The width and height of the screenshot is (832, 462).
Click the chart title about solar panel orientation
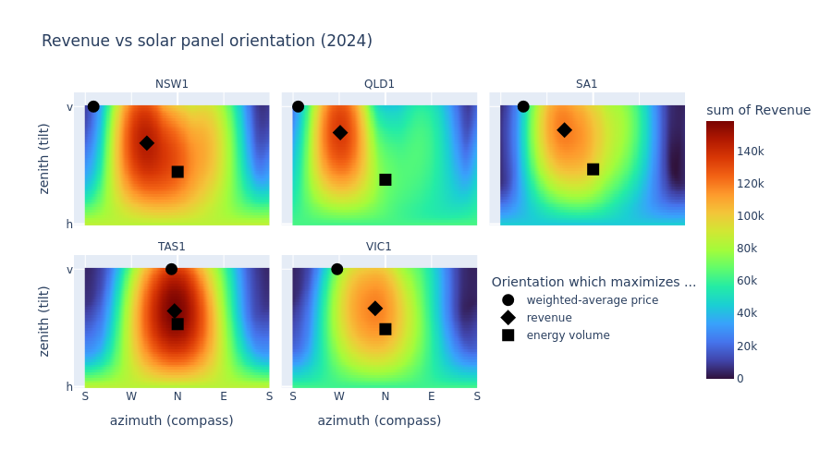(207, 42)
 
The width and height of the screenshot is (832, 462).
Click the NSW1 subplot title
(172, 84)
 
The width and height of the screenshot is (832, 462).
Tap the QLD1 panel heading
(379, 84)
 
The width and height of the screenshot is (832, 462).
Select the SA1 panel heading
(587, 84)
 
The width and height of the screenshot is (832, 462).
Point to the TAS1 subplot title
(172, 247)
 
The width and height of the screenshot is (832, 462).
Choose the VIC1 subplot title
(379, 247)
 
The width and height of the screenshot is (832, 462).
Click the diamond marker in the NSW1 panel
(147, 143)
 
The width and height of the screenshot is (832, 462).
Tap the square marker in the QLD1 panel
(385, 180)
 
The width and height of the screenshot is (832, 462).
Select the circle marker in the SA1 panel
(523, 106)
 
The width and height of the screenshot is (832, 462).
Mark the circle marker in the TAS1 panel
(172, 269)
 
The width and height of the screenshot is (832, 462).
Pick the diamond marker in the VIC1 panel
(375, 309)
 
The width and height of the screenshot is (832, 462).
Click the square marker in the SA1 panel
(593, 169)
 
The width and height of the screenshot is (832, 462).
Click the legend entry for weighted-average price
(592, 300)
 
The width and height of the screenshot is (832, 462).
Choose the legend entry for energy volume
(568, 335)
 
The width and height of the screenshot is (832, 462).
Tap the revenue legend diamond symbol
(508, 318)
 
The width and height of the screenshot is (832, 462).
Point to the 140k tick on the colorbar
(750, 152)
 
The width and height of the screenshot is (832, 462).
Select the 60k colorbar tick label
(747, 281)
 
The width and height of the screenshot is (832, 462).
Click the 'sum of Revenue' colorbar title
(758, 111)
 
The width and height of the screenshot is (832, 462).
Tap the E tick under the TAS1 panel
(224, 396)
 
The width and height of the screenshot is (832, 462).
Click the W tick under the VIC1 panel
(339, 396)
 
